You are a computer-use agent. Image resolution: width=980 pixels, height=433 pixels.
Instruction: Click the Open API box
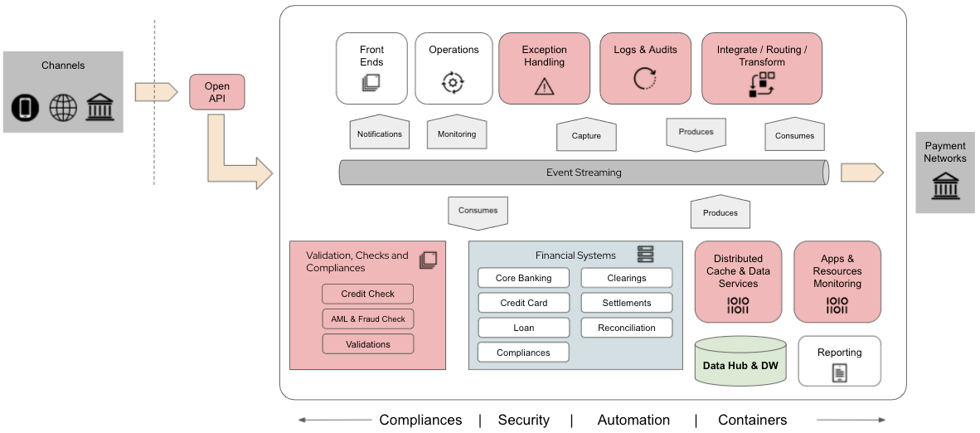217,92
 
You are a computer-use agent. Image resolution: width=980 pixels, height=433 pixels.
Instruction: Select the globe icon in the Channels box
63,108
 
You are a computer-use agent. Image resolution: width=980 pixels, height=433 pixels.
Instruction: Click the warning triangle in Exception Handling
544,85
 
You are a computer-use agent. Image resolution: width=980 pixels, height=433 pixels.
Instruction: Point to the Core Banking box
523,278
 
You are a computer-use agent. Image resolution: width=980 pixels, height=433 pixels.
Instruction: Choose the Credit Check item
367,294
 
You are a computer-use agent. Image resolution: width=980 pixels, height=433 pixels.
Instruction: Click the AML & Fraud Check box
367,319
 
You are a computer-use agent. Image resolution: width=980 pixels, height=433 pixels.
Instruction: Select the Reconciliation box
626,328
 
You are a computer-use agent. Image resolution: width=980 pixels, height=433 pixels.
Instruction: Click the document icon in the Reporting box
840,373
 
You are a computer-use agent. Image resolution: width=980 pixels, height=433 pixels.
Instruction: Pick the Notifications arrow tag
379,134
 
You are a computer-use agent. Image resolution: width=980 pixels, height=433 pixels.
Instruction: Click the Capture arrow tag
586,135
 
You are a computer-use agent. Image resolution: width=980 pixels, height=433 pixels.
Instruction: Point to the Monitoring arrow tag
457,134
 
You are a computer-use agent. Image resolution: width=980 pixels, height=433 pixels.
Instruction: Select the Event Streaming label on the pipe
584,173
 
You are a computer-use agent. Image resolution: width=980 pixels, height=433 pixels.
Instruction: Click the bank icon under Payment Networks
945,186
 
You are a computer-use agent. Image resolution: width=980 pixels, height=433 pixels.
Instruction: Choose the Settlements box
626,303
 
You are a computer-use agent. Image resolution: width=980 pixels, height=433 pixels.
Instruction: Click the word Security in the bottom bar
523,420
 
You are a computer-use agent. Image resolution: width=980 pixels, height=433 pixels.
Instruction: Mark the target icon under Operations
453,82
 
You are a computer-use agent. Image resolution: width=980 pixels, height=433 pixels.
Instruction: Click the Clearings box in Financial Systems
626,278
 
